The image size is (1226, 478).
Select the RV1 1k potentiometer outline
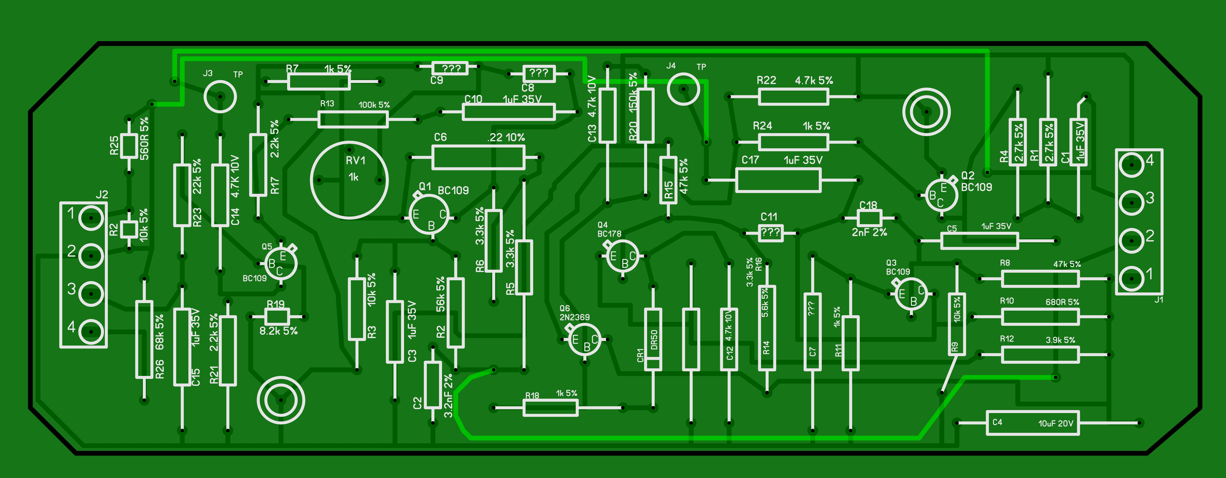[349, 180]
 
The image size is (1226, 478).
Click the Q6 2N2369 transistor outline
[584, 339]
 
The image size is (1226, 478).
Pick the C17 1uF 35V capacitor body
[778, 180]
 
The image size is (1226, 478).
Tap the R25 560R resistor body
[129, 145]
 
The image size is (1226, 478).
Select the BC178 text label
[609, 234]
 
